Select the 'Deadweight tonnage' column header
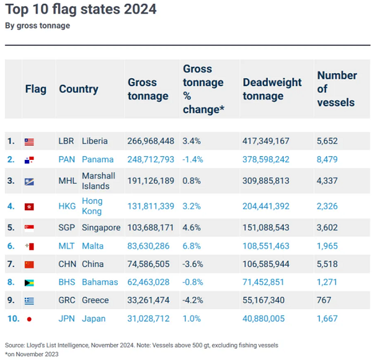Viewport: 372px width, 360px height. pyautogui.click(x=272, y=89)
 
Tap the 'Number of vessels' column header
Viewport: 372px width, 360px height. pyautogui.click(x=337, y=89)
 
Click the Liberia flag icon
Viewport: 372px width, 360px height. pyautogui.click(x=29, y=141)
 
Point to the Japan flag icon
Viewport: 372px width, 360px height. pyautogui.click(x=29, y=319)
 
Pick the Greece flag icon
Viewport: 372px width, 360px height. pyautogui.click(x=29, y=301)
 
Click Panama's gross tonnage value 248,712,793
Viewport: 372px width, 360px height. pyautogui.click(x=151, y=159)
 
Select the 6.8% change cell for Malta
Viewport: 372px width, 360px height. pyautogui.click(x=191, y=246)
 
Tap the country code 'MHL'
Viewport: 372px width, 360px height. pyautogui.click(x=67, y=181)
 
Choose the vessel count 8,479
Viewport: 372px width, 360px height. pyautogui.click(x=327, y=159)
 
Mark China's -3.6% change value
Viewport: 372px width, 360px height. pyautogui.click(x=193, y=264)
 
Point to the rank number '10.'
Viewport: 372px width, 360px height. pyautogui.click(x=12, y=318)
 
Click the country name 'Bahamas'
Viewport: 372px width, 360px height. pyautogui.click(x=99, y=282)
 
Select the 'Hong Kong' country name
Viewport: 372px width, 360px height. pyautogui.click(x=92, y=206)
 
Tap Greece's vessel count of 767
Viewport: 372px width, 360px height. pyautogui.click(x=324, y=301)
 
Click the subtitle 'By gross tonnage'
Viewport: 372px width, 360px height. pyautogui.click(x=37, y=25)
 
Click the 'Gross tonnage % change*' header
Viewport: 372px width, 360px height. pyautogui.click(x=203, y=89)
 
